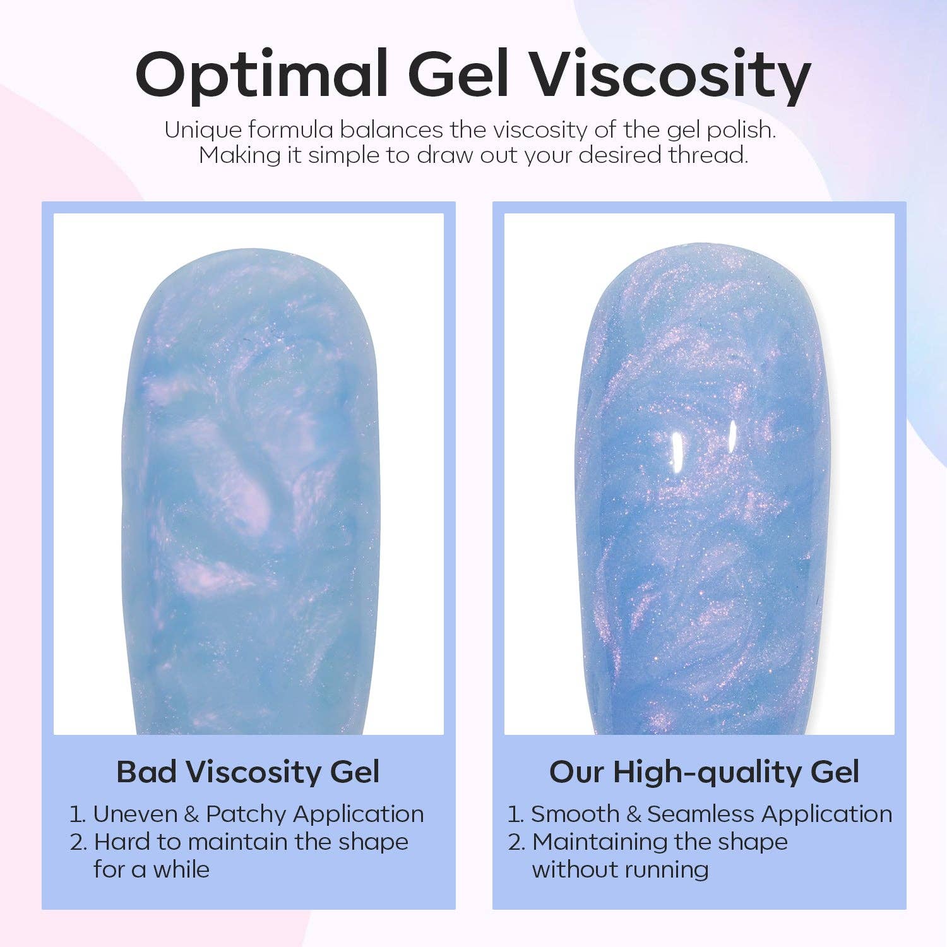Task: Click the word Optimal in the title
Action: click(x=261, y=74)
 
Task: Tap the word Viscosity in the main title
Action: click(x=668, y=74)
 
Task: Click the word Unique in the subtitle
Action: click(x=203, y=130)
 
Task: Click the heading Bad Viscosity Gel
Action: click(x=248, y=771)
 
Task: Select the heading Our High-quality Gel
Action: click(x=704, y=771)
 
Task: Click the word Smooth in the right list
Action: click(x=575, y=814)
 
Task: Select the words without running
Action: click(x=620, y=870)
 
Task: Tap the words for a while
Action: click(x=152, y=870)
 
